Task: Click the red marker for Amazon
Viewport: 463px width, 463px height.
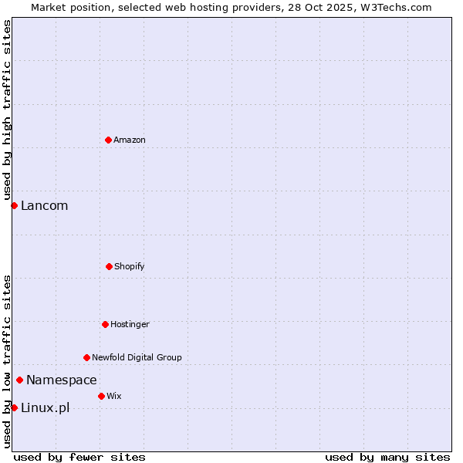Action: click(x=108, y=140)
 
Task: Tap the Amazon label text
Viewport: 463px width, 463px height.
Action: click(x=130, y=140)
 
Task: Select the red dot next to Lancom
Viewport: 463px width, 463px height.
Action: click(x=14, y=205)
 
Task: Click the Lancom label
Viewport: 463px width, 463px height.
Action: click(x=44, y=205)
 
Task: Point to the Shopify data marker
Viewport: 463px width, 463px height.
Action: click(x=109, y=266)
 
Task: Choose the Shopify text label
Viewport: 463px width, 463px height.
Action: click(x=130, y=266)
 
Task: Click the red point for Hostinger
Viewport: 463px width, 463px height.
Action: click(x=105, y=324)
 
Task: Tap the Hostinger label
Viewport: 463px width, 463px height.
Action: click(x=130, y=324)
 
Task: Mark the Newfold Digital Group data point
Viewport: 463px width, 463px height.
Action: click(x=86, y=357)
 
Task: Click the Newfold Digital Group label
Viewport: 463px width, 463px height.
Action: click(x=137, y=357)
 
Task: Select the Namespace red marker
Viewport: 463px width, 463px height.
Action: click(x=19, y=380)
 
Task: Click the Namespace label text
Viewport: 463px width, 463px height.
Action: click(x=62, y=380)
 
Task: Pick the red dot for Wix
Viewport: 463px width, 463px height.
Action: click(x=101, y=396)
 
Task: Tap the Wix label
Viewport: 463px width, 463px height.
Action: click(x=114, y=396)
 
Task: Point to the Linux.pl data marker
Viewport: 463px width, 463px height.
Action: click(x=14, y=407)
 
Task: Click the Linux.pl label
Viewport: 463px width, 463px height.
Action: click(x=45, y=407)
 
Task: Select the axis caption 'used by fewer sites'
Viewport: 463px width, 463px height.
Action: click(x=79, y=457)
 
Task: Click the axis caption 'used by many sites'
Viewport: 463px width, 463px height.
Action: click(x=387, y=457)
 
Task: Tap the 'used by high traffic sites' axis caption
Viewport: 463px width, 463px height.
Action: click(x=7, y=110)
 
